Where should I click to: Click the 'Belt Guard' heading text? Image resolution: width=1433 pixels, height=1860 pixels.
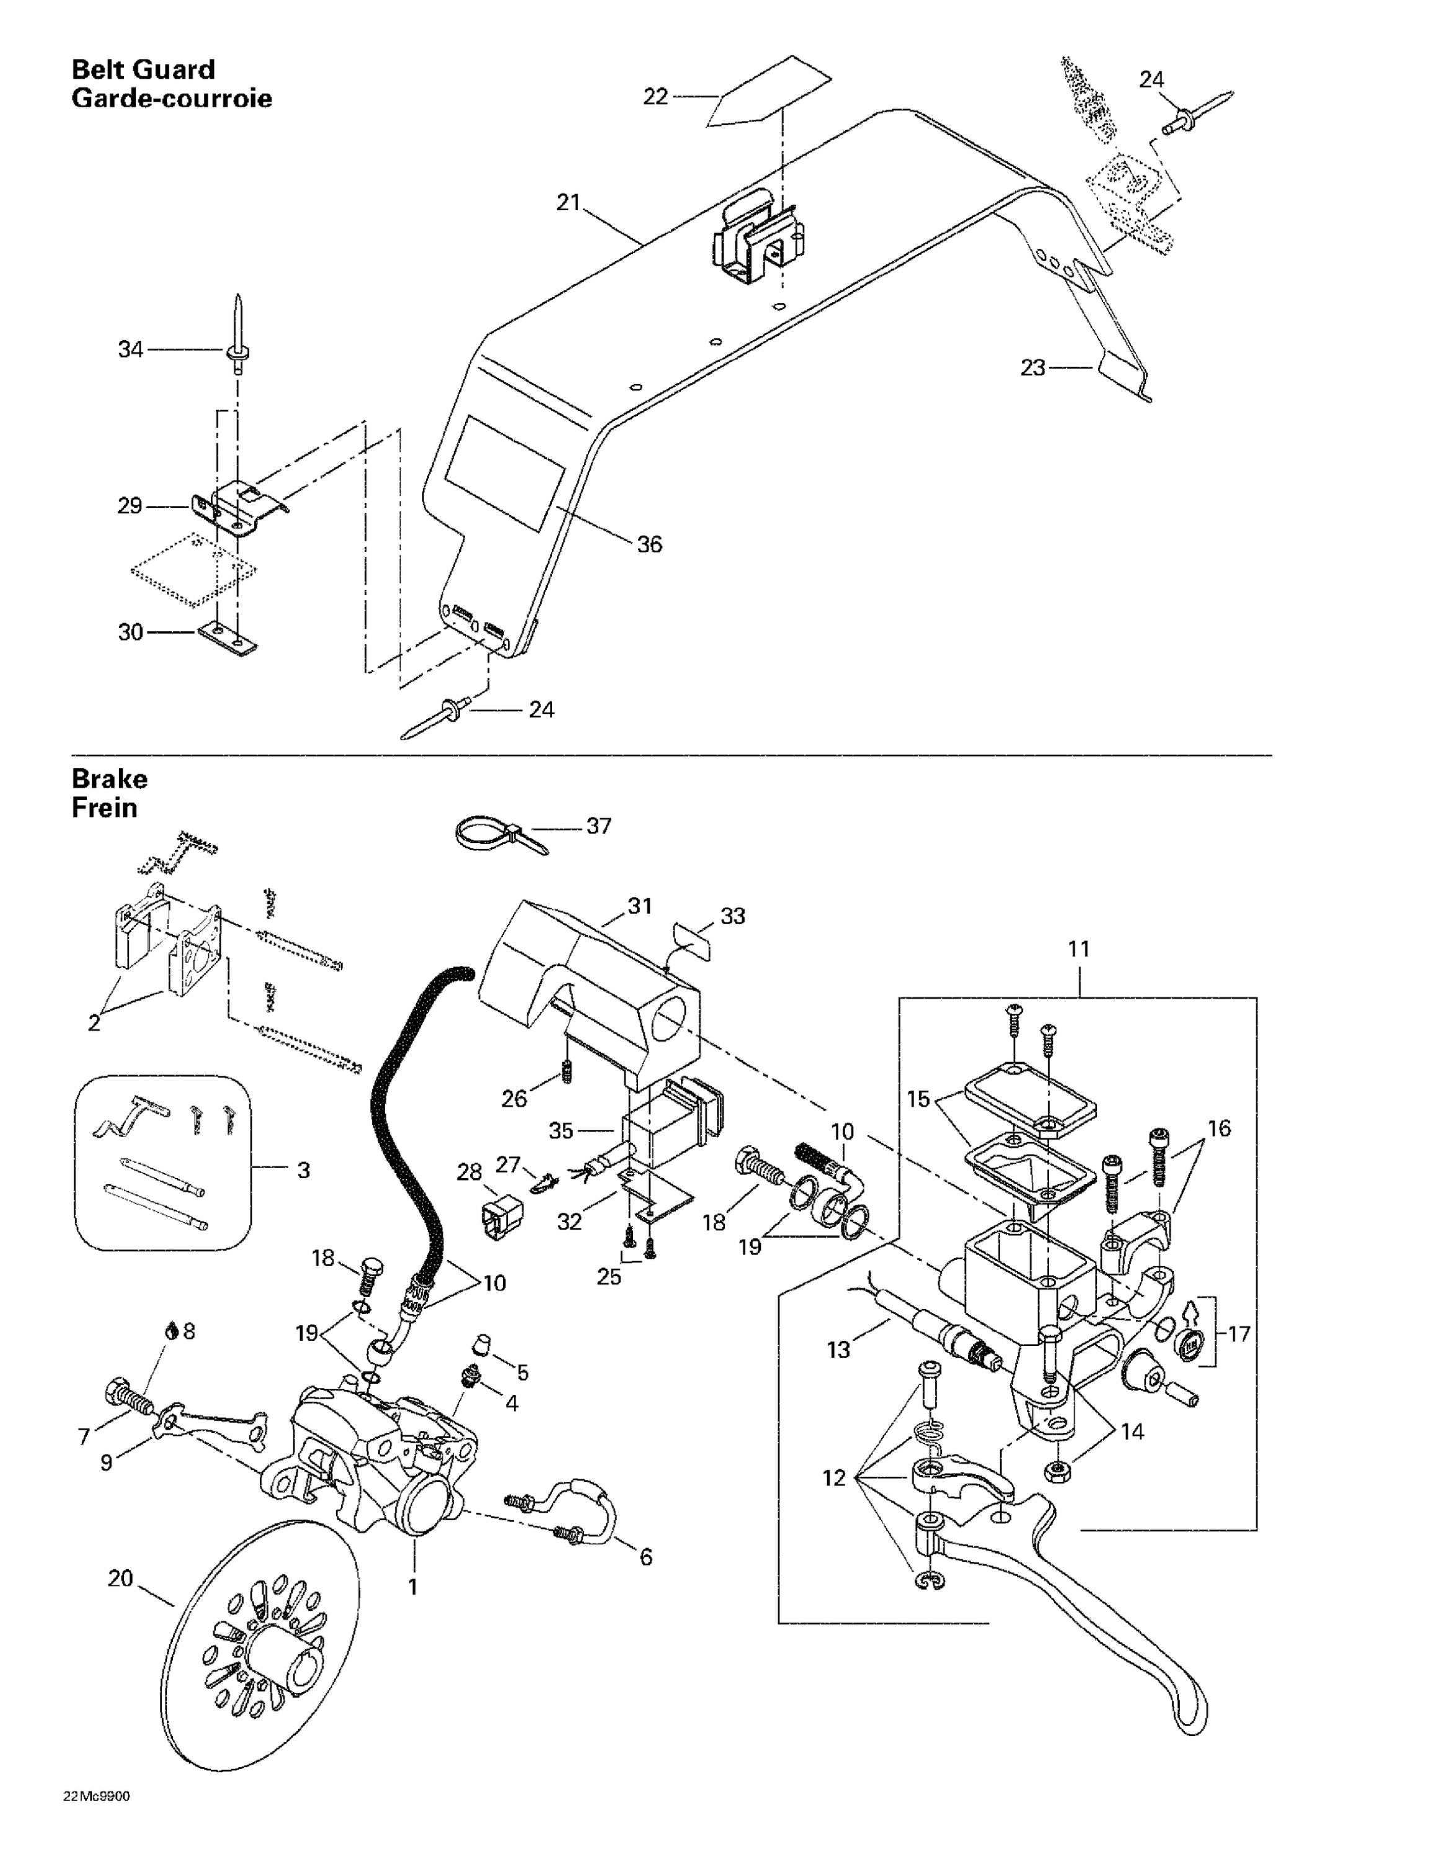pos(143,69)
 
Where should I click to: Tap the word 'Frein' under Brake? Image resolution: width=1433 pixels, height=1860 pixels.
pos(104,807)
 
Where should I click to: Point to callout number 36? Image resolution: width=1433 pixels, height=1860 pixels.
pos(649,544)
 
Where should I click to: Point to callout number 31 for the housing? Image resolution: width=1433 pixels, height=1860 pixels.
pos(640,906)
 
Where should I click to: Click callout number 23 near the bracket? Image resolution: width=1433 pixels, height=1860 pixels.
pos(1032,368)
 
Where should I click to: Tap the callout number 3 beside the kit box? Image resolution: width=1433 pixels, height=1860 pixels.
pos(303,1170)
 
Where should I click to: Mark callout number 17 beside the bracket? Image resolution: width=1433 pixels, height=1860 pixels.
pos(1239,1334)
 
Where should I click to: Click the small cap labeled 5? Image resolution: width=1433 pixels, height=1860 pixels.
pos(481,1345)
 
